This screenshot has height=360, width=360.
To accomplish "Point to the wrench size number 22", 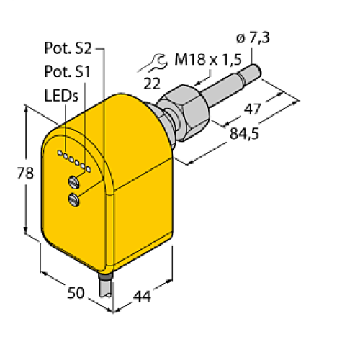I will (151, 84).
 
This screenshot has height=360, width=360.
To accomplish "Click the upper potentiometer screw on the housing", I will (74, 181).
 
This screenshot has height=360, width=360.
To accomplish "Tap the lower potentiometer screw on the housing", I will (74, 199).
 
